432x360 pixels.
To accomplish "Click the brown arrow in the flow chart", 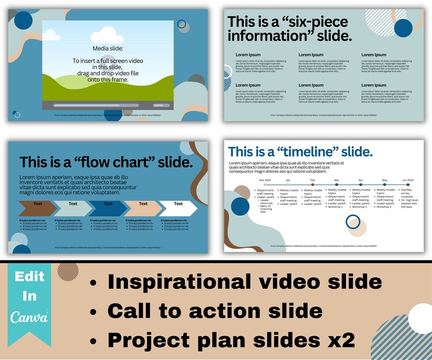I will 37,207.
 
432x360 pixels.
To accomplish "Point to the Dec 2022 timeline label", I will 265,179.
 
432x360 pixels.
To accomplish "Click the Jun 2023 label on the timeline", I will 408,179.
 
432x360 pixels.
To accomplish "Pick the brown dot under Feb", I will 312,185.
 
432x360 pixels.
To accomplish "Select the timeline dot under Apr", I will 360,185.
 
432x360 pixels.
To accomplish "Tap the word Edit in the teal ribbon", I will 29,277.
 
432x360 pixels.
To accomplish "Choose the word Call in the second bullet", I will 128,311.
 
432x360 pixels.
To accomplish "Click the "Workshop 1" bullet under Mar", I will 336,207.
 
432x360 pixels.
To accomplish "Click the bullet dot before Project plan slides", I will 94,340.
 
